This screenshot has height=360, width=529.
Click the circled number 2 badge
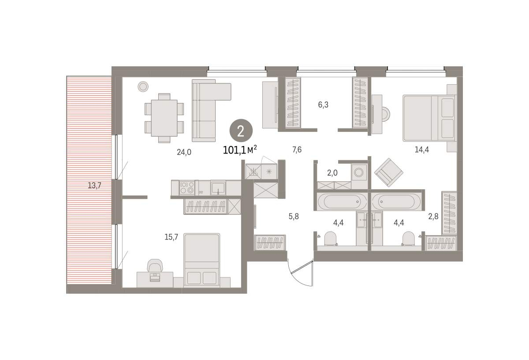tap(241, 131)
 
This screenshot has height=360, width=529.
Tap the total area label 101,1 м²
tap(240, 150)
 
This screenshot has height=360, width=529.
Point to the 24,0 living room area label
tap(184, 152)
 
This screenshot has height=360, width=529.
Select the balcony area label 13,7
tap(94, 186)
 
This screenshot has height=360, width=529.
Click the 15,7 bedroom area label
tap(171, 237)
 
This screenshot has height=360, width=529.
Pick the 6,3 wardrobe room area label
tap(323, 105)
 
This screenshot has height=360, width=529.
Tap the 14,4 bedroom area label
tap(422, 150)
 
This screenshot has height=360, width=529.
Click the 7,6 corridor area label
tap(297, 150)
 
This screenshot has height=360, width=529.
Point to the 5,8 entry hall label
tap(294, 216)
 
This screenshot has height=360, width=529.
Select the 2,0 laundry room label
tap(332, 173)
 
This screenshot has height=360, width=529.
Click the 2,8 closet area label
tap(433, 216)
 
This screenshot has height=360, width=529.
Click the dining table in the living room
tap(164, 118)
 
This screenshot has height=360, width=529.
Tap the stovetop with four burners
tap(187, 187)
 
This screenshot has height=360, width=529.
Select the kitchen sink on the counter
tap(218, 188)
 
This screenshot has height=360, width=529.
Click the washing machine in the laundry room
tap(358, 172)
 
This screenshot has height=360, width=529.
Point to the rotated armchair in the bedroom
tap(389, 172)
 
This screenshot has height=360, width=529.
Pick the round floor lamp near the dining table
tap(143, 87)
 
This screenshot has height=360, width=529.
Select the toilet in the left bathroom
tap(330, 238)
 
